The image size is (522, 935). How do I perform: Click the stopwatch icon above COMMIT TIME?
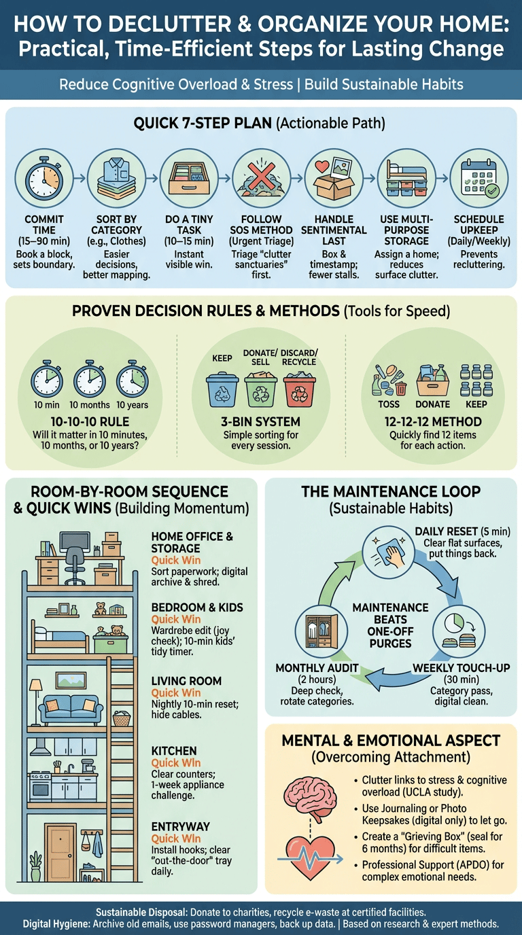[x=44, y=179]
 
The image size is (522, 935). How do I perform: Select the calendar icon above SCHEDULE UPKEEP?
[x=479, y=178]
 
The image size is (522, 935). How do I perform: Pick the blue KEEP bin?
[x=222, y=390]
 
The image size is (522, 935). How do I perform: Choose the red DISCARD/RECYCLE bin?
[x=300, y=390]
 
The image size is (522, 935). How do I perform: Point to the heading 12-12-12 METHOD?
[x=433, y=421]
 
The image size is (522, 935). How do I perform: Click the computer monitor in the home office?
[x=75, y=542]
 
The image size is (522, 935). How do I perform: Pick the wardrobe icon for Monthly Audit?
[x=321, y=631]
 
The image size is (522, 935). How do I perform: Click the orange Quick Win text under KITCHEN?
[x=176, y=762]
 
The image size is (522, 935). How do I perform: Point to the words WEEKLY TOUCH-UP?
[x=462, y=668]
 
